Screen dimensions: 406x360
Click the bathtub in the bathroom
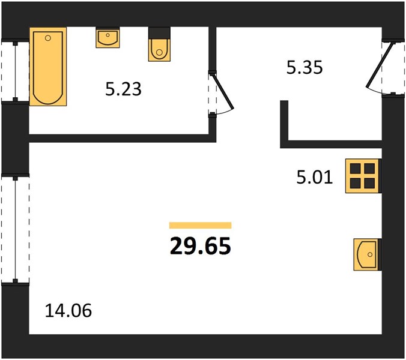pyautogui.click(x=48, y=67)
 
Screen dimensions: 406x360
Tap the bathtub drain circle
pyautogui.click(x=47, y=38)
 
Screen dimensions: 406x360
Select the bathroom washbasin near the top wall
pyautogui.click(x=108, y=38)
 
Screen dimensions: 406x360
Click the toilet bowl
pyautogui.click(x=159, y=50)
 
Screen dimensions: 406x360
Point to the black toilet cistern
pyautogui.click(x=159, y=33)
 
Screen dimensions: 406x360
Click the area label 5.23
pyautogui.click(x=123, y=89)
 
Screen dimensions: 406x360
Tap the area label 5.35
pyautogui.click(x=304, y=67)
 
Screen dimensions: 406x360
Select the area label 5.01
pyautogui.click(x=314, y=178)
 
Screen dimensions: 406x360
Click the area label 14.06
pyautogui.click(x=68, y=310)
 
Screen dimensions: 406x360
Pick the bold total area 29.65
pyautogui.click(x=200, y=246)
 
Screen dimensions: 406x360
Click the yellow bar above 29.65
pyautogui.click(x=200, y=225)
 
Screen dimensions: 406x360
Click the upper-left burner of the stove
pyautogui.click(x=356, y=169)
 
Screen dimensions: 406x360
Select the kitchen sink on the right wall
pyautogui.click(x=368, y=255)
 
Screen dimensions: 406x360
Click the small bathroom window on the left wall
pyautogui.click(x=15, y=71)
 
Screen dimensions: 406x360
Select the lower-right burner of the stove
pyautogui.click(x=370, y=183)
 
